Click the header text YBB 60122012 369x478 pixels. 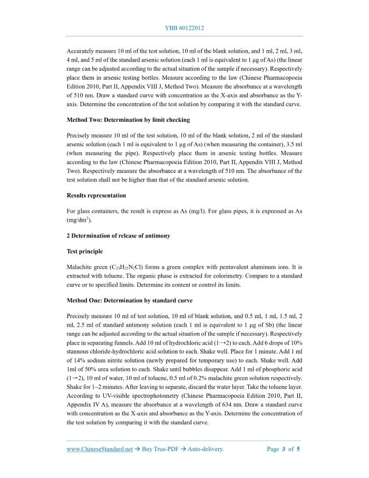pyautogui.click(x=184, y=27)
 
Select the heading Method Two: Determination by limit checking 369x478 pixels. pyautogui.click(x=128, y=120)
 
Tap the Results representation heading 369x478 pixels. pyautogui.click(x=96, y=195)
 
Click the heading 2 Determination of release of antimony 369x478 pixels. pyautogui.click(x=119, y=236)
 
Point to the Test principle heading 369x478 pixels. pyautogui.click(x=85, y=252)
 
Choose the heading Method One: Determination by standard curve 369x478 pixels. pyautogui.click(x=130, y=300)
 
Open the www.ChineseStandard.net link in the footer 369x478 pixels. pyautogui.click(x=100, y=449)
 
